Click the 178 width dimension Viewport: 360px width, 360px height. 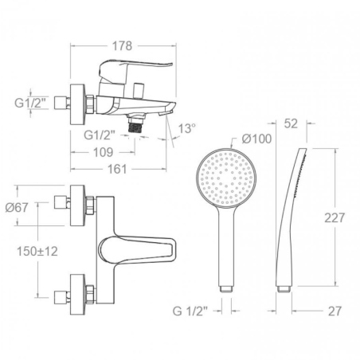click(x=122, y=46)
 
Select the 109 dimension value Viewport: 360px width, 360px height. click(x=103, y=152)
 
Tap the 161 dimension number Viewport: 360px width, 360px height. click(x=117, y=169)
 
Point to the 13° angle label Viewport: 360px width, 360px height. click(x=187, y=129)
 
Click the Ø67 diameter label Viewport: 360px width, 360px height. click(x=17, y=207)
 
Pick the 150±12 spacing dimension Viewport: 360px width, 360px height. click(x=37, y=251)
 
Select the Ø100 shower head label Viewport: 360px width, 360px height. click(x=256, y=139)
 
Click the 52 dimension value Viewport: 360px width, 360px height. click(x=291, y=123)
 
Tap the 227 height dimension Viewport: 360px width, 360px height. click(x=335, y=218)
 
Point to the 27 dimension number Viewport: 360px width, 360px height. click(x=335, y=311)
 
